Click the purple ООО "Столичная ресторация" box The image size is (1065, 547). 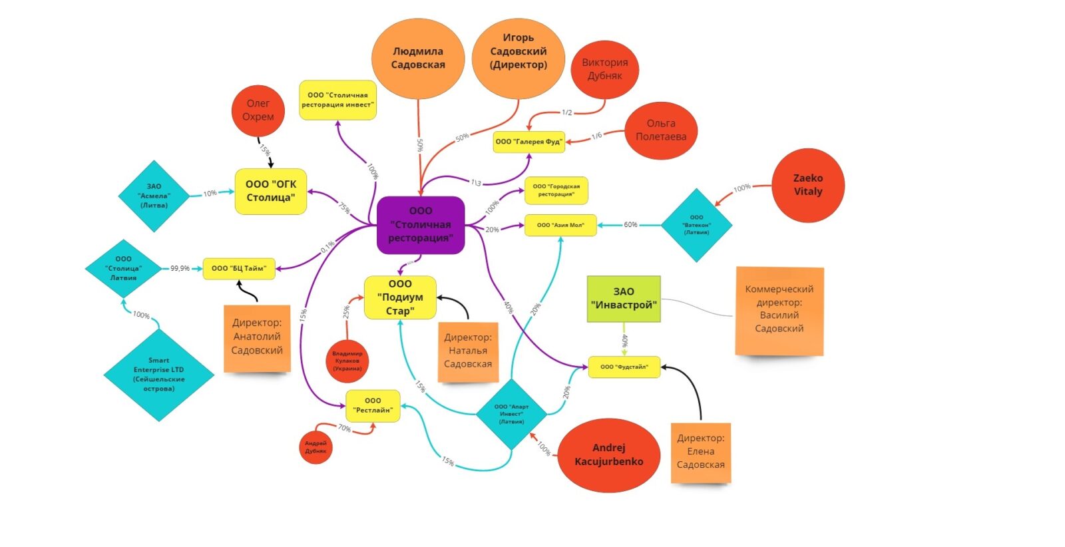click(x=420, y=225)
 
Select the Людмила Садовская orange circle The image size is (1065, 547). click(x=417, y=59)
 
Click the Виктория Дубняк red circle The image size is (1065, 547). click(x=604, y=69)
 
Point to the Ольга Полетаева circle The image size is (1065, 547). click(x=660, y=130)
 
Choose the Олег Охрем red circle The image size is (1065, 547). click(x=258, y=110)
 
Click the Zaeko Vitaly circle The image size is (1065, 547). click(x=807, y=185)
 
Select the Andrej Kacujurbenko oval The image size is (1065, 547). click(x=608, y=455)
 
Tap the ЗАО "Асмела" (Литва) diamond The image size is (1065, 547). click(x=154, y=196)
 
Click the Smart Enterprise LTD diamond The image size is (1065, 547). click(x=158, y=375)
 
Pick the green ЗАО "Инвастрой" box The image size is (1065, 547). click(x=624, y=299)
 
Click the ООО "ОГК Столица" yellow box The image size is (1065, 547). click(x=271, y=191)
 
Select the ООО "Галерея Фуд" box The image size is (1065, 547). click(x=529, y=142)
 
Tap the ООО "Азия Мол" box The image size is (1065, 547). click(x=560, y=225)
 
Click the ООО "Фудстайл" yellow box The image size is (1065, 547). click(x=624, y=367)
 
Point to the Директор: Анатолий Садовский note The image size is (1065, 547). click(x=257, y=337)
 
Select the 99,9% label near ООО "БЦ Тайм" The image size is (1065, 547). click(x=180, y=268)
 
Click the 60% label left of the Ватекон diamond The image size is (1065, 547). click(x=630, y=225)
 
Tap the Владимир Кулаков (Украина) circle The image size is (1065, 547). click(x=347, y=361)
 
